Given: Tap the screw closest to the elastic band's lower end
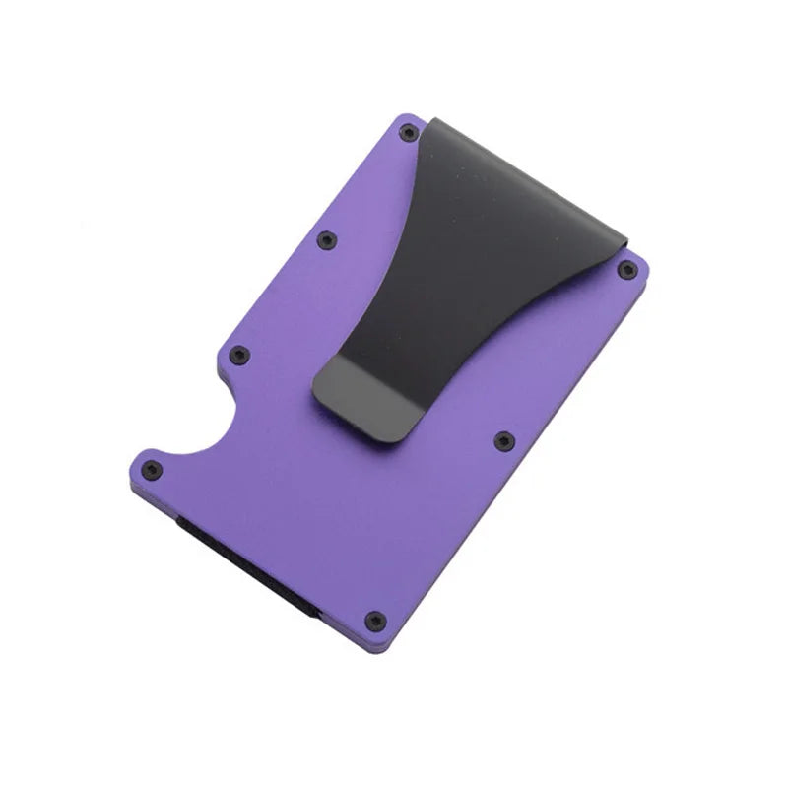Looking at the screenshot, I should coord(374,620).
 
